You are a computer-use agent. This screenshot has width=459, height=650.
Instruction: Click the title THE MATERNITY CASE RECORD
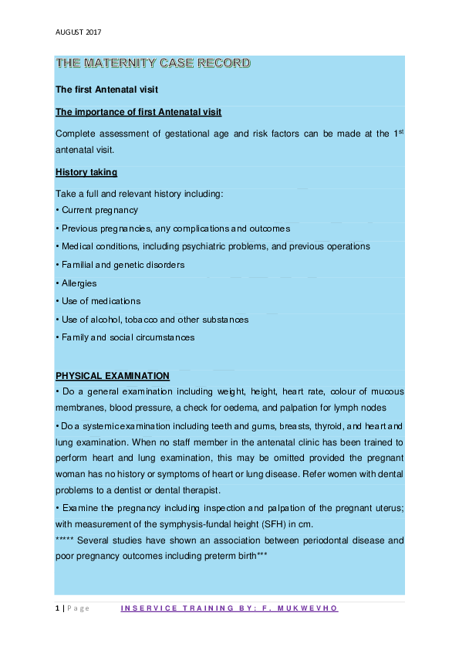[153, 63]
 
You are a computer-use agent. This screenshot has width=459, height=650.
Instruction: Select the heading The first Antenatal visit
[106, 90]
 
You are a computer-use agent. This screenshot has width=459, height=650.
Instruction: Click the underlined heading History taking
[86, 172]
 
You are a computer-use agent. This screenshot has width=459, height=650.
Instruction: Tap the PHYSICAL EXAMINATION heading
[113, 376]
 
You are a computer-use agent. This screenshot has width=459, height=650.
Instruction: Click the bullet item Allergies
[76, 283]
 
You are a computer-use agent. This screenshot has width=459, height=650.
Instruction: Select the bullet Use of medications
[98, 301]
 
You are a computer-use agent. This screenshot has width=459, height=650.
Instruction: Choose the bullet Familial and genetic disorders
[120, 265]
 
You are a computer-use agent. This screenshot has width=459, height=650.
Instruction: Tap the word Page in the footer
[78, 608]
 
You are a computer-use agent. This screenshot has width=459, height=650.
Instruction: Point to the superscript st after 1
[401, 131]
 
